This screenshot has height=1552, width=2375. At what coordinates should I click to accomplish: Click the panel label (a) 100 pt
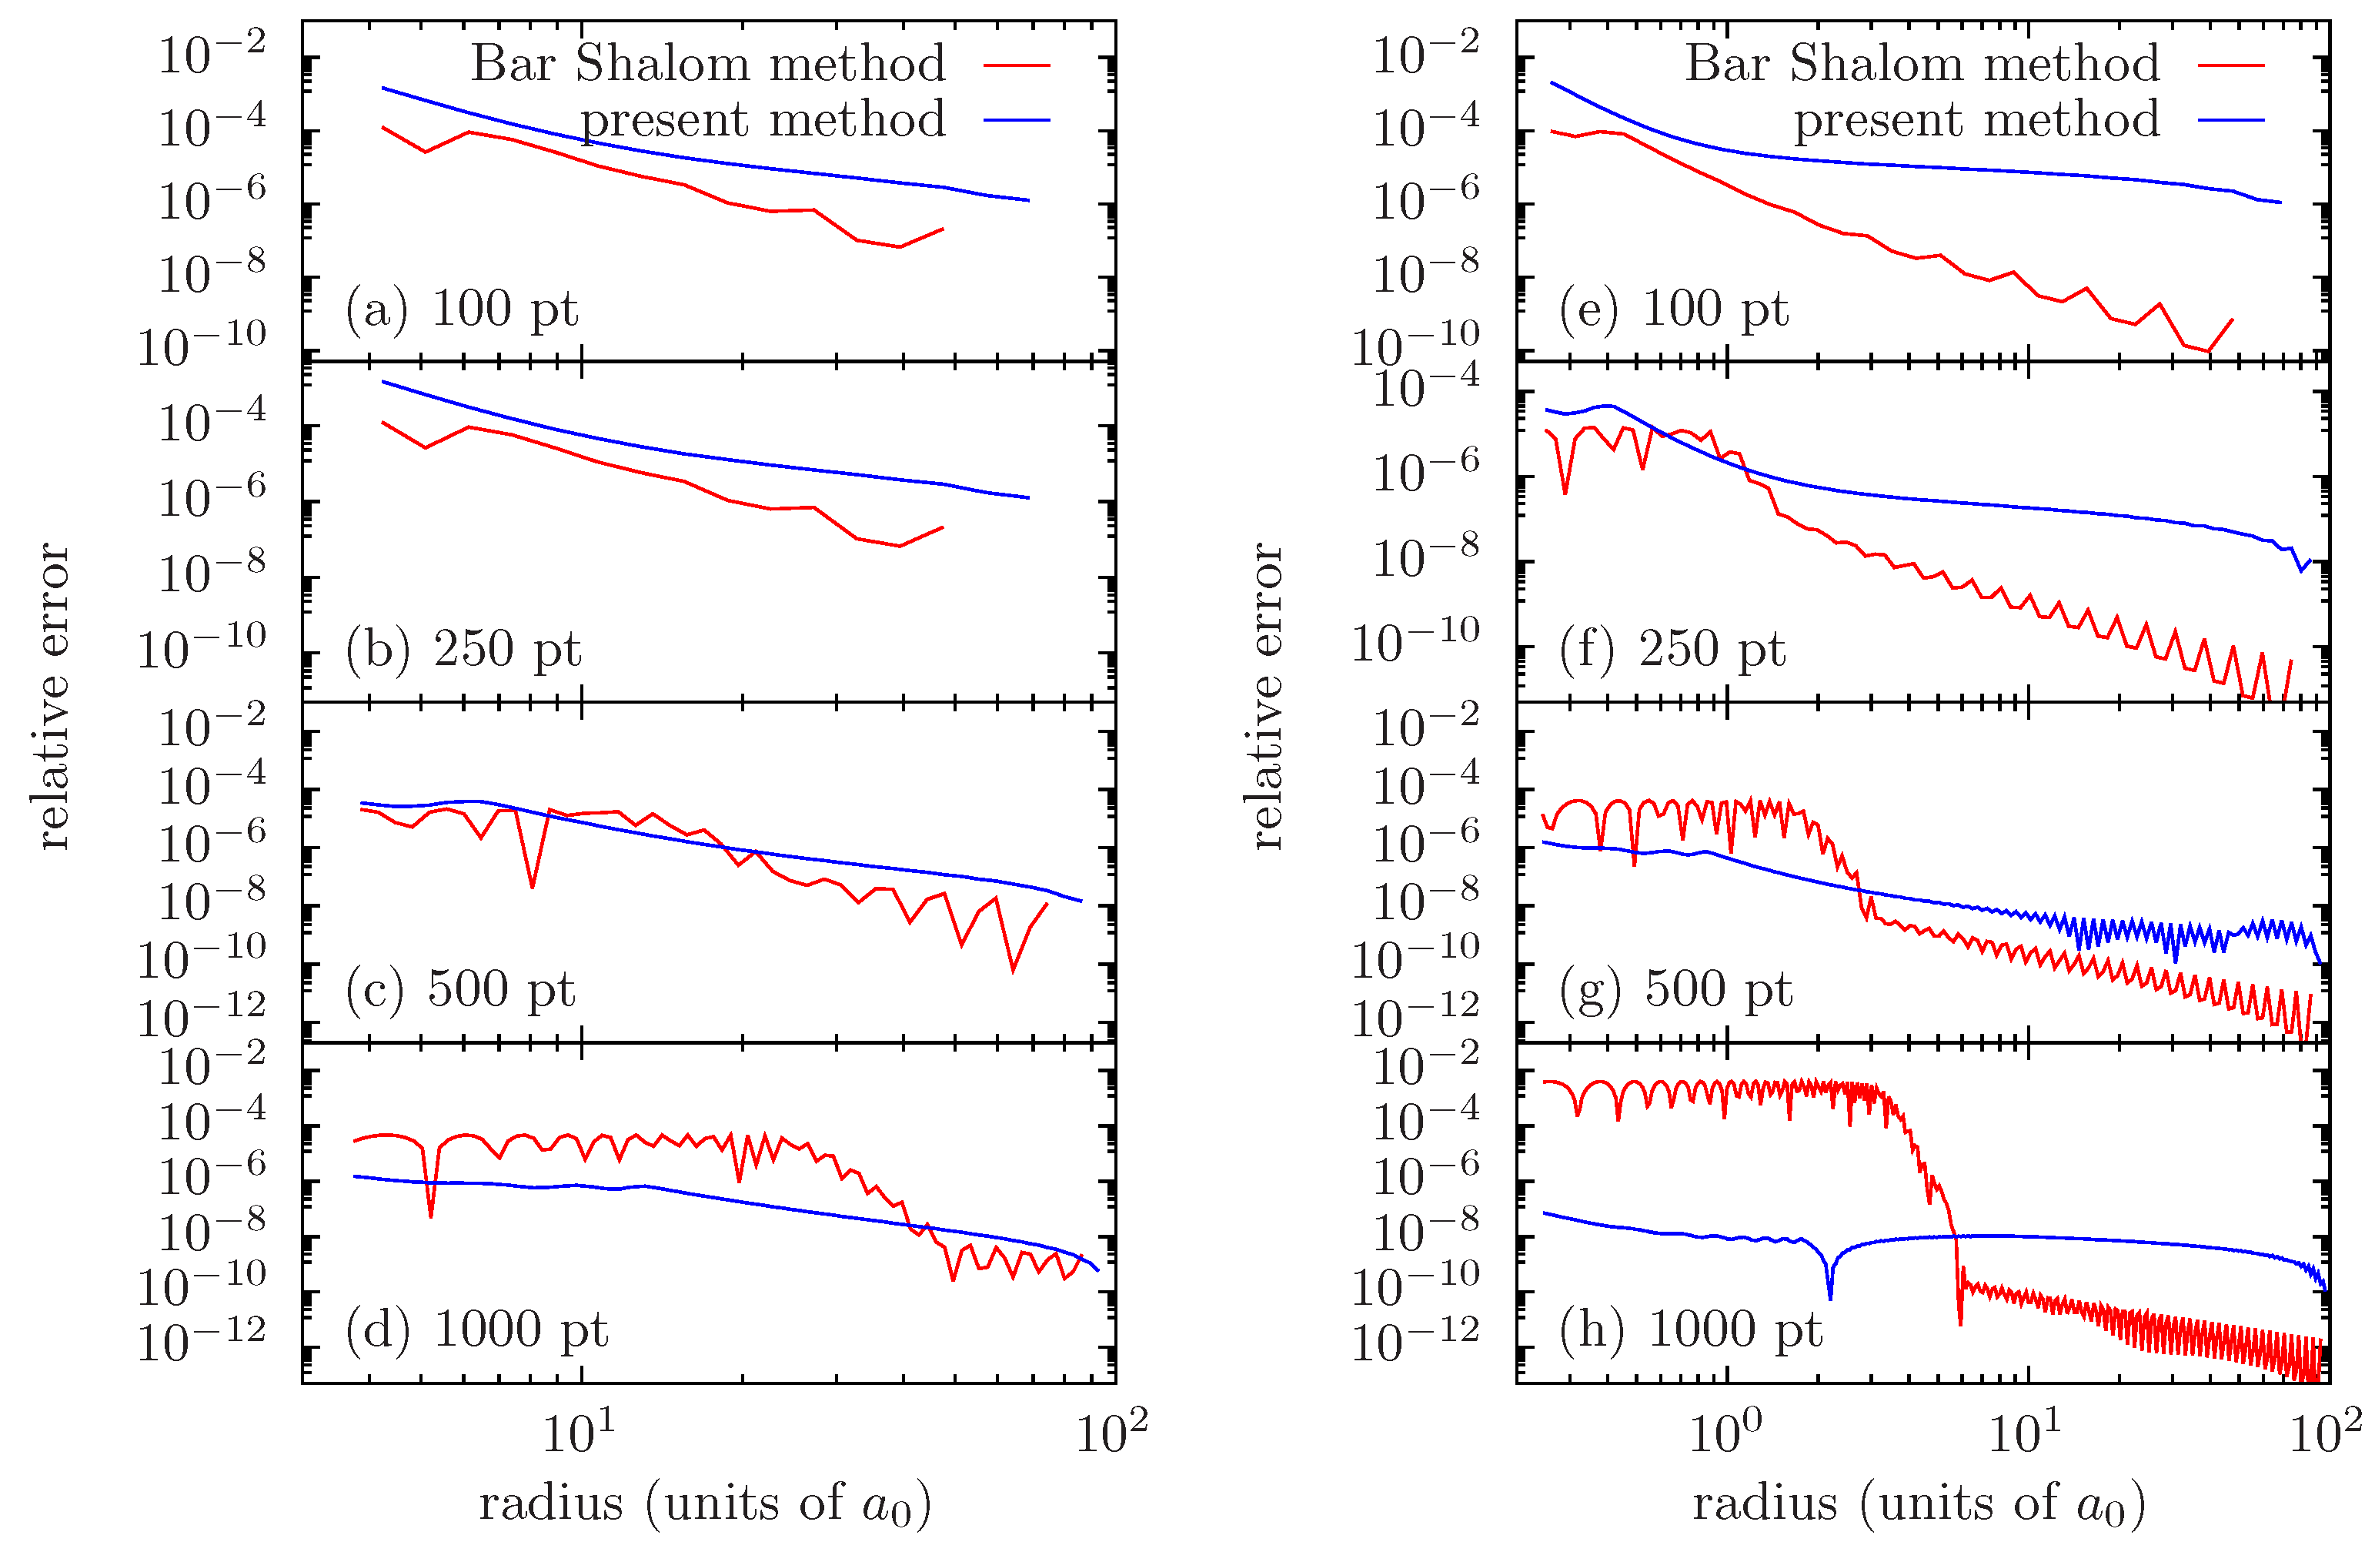461,309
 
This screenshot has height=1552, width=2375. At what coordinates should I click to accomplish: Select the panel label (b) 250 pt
463,650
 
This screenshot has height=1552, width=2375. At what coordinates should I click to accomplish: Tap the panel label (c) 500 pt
460,990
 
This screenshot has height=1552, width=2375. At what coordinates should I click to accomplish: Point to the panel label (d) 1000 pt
476,1330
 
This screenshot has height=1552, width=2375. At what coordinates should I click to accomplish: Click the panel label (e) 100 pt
1673,309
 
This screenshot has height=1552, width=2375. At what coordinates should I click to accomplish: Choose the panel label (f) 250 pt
1672,650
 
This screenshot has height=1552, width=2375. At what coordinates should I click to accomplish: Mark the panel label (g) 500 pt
1675,990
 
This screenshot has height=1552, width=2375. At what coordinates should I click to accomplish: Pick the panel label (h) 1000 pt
1691,1330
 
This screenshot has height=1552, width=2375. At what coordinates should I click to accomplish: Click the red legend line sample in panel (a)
1017,65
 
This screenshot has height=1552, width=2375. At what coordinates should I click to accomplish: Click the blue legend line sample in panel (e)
2231,121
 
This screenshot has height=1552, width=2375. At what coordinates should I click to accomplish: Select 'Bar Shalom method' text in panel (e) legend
1922,64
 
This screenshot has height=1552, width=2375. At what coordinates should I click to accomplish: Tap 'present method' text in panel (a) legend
763,120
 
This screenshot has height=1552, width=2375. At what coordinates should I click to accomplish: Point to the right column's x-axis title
1918,1502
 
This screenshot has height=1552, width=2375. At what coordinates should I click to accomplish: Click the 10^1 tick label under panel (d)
579,1433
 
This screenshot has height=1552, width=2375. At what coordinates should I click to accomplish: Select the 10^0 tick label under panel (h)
1725,1433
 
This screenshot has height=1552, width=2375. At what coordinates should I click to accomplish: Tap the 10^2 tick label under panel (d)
1111,1433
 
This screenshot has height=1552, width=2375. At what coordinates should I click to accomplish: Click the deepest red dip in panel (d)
430,1215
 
